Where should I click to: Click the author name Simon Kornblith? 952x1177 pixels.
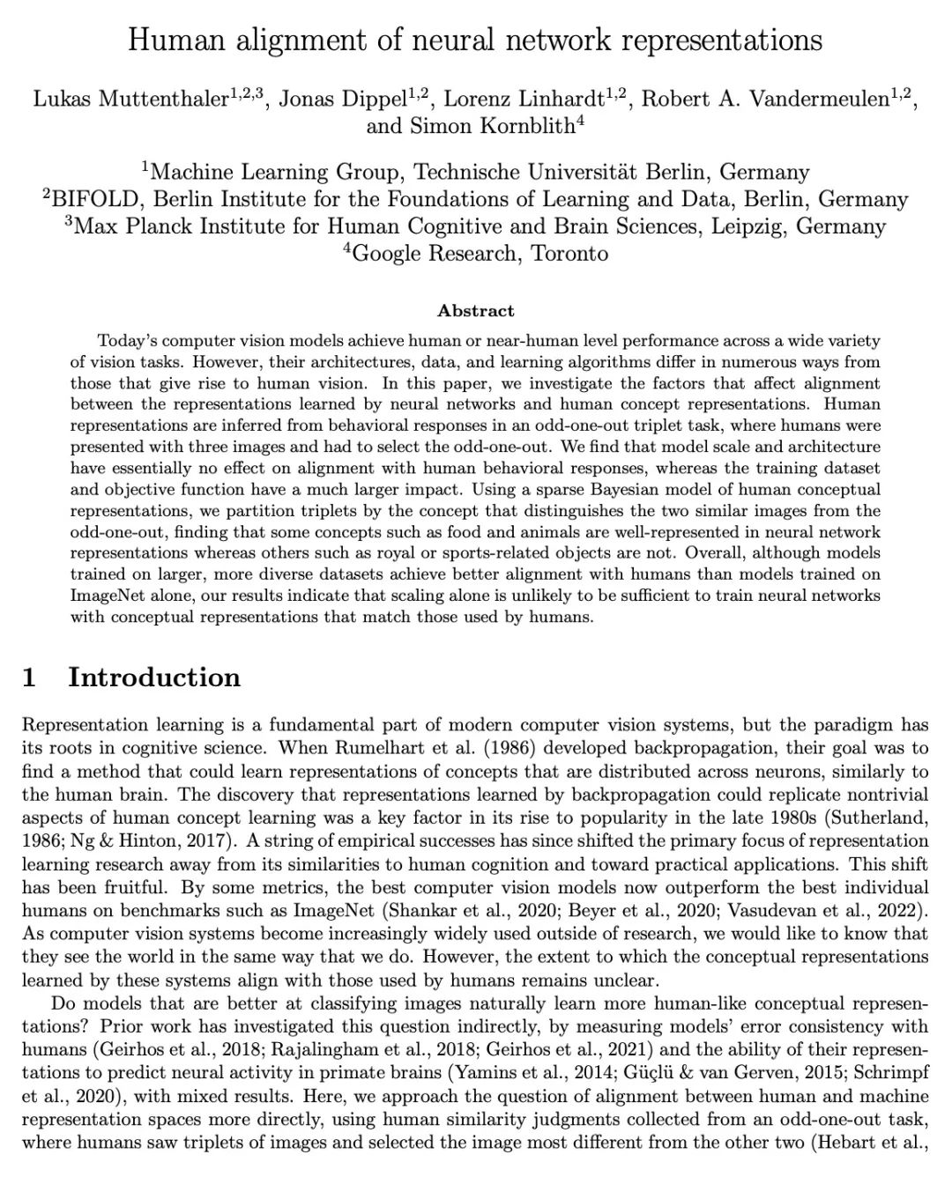(493, 126)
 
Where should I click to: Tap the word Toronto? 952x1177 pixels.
(569, 254)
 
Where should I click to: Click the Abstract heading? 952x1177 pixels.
(476, 310)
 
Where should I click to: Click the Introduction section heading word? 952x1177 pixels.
(154, 677)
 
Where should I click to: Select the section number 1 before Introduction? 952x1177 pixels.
(29, 677)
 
